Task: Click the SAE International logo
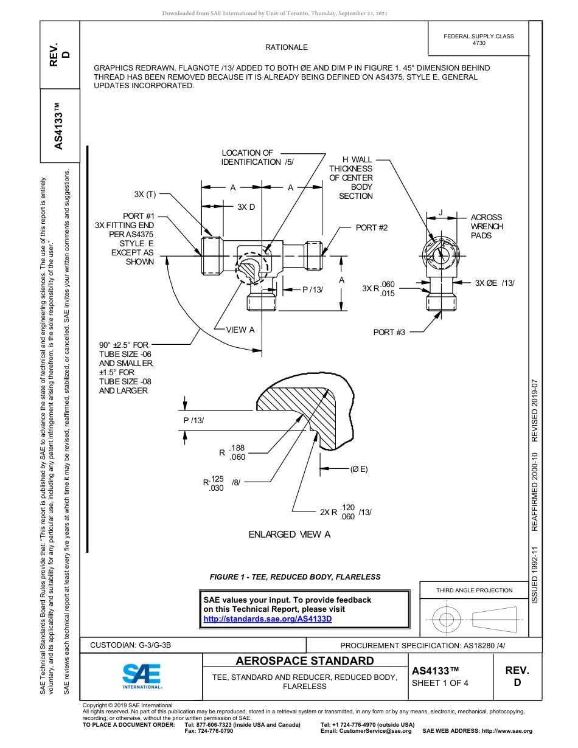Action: pyautogui.click(x=142, y=675)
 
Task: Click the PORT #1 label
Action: pyautogui.click(x=139, y=216)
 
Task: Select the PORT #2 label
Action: pyautogui.click(x=372, y=227)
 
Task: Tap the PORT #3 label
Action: pyautogui.click(x=389, y=332)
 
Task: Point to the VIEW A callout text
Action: pyautogui.click(x=240, y=330)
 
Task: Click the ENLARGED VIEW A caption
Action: pyautogui.click(x=289, y=535)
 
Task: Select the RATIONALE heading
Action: pyautogui.click(x=286, y=47)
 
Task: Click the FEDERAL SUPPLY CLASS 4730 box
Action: pyautogui.click(x=478, y=40)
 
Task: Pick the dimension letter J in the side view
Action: pyautogui.click(x=440, y=212)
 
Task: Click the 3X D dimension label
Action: pyautogui.click(x=246, y=207)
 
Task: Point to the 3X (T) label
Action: pyautogui.click(x=145, y=195)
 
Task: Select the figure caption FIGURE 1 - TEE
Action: pyautogui.click(x=295, y=577)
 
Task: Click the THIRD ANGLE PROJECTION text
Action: pyautogui.click(x=474, y=590)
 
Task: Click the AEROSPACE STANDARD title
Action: pyautogui.click(x=305, y=661)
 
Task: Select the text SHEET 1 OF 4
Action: pyautogui.click(x=440, y=682)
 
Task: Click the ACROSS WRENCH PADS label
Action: pyautogui.click(x=487, y=226)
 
